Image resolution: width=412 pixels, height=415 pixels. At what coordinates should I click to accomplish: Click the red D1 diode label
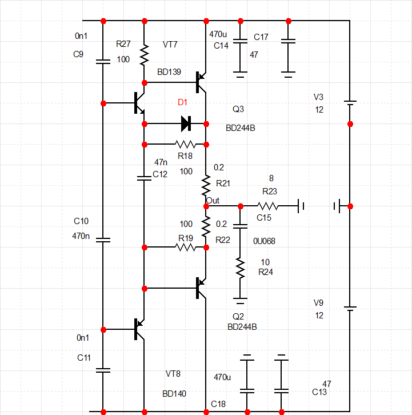pyautogui.click(x=182, y=102)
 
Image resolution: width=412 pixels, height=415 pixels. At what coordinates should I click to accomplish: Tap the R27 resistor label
pyautogui.click(x=123, y=43)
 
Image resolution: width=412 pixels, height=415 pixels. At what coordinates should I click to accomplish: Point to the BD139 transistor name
pyautogui.click(x=169, y=72)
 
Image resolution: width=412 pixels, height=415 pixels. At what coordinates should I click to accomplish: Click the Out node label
pyautogui.click(x=213, y=200)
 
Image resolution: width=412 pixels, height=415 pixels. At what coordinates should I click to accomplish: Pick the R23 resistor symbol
pyautogui.click(x=268, y=206)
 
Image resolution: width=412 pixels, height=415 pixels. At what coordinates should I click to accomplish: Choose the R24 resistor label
pyautogui.click(x=266, y=272)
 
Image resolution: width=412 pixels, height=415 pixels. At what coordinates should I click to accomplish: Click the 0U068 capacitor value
pyautogui.click(x=264, y=241)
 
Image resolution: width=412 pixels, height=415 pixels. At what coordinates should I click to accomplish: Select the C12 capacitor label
pyautogui.click(x=160, y=174)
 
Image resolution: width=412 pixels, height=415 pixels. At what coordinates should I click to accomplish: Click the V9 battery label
pyautogui.click(x=318, y=303)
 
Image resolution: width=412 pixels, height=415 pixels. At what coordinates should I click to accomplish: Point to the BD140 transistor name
pyautogui.click(x=174, y=394)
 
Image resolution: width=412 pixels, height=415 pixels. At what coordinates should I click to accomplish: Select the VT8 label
pyautogui.click(x=173, y=374)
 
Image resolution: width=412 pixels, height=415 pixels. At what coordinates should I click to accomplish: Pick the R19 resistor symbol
pyautogui.click(x=185, y=248)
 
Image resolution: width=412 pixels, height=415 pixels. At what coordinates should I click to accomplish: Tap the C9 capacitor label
pyautogui.click(x=79, y=54)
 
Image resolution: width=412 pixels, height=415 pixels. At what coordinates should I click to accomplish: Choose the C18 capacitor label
pyautogui.click(x=218, y=404)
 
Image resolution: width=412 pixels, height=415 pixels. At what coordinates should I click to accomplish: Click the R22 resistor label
pyautogui.click(x=223, y=240)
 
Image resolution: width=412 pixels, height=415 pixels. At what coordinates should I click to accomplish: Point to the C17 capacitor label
pyautogui.click(x=261, y=37)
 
